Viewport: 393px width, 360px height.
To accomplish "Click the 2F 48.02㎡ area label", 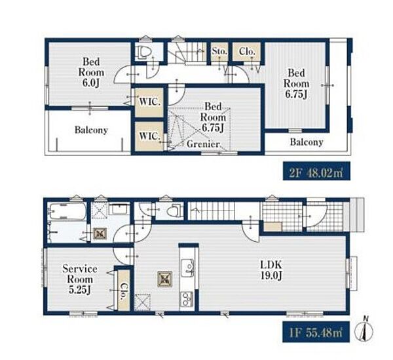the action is [316, 171].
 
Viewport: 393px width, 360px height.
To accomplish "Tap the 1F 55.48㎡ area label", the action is [316, 332].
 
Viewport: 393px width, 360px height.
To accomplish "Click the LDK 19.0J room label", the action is [271, 270].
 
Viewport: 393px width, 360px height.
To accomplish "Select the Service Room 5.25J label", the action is [80, 279].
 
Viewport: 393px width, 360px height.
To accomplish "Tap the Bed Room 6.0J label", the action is [91, 72].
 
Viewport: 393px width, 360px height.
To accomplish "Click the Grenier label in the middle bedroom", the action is [203, 144].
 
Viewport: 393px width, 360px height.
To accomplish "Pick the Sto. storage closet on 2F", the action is [219, 52].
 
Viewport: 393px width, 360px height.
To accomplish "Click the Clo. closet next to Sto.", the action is [247, 52].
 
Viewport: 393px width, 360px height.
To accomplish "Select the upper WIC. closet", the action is [149, 102].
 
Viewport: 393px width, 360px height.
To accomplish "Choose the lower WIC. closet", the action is [149, 136].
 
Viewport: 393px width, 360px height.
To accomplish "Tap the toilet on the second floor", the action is [144, 52].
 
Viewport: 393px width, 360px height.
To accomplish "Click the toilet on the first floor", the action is [175, 210].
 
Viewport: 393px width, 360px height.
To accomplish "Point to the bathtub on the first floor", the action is [68, 211].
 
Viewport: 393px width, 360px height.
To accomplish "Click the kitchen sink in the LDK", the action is [188, 268].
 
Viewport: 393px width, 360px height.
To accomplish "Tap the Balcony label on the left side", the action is [91, 130].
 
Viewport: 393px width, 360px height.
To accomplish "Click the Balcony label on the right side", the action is [307, 142].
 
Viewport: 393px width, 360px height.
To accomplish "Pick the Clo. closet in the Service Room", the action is [124, 291].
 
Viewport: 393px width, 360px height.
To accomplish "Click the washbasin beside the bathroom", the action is [120, 209].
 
